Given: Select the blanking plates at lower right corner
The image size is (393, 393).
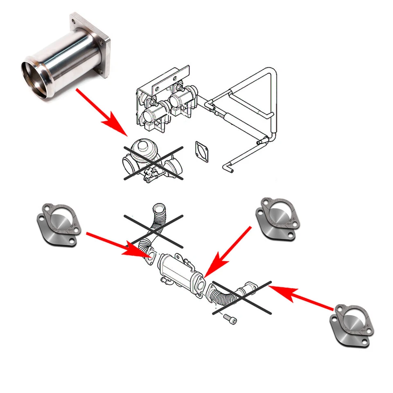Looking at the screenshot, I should pyautogui.click(x=352, y=325).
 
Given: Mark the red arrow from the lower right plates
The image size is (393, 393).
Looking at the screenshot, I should pyautogui.click(x=303, y=297).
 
